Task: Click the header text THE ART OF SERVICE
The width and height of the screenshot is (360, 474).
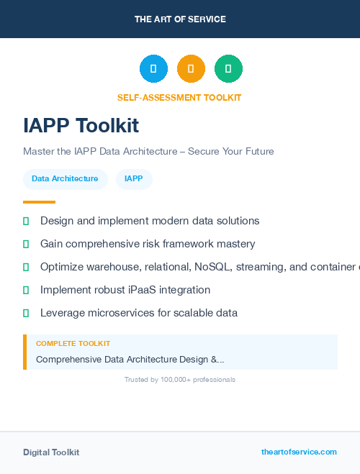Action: point(180,19)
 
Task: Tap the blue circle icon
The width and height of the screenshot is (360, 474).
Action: point(153,68)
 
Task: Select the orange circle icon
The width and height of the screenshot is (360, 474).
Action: point(191,68)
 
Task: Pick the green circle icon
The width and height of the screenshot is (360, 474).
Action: point(228,68)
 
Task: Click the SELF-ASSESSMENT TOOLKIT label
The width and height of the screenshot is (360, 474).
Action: point(179,97)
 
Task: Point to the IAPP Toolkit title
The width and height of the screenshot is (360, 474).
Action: point(81,126)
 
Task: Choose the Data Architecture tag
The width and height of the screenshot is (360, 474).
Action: point(65,179)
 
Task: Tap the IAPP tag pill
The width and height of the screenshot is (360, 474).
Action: point(134,179)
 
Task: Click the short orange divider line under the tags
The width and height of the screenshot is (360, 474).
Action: point(39,202)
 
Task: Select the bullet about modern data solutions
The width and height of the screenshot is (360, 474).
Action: point(150,221)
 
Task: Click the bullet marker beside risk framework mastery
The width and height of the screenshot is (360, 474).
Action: point(26,245)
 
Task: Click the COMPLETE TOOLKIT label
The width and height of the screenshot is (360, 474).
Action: point(73,344)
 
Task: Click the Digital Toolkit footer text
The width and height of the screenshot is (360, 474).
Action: point(51,452)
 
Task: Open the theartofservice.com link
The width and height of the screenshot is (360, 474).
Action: point(299,452)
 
